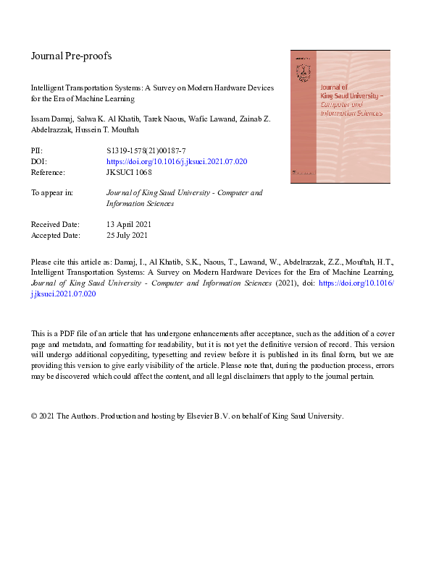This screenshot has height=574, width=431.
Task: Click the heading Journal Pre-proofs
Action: [x=71, y=56]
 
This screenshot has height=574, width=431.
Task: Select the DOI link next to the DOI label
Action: [x=177, y=162]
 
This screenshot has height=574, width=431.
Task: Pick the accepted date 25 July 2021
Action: [x=127, y=236]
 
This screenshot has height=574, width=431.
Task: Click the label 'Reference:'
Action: [x=48, y=173]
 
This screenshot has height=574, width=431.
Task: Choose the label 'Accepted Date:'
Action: [x=56, y=236]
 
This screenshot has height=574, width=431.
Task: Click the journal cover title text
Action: [x=352, y=102]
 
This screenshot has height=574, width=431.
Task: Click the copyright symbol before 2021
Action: [x=34, y=417]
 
